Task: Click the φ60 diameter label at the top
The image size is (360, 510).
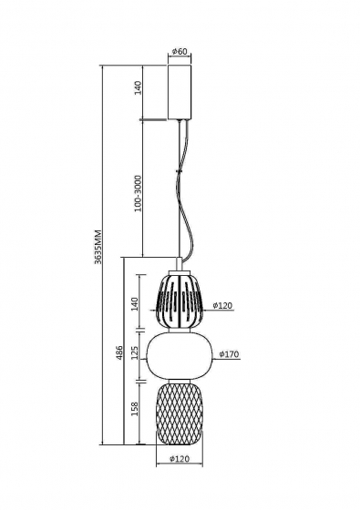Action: [180, 51]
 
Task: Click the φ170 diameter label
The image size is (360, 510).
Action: [229, 355]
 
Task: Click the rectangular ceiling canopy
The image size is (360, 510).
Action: [180, 91]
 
